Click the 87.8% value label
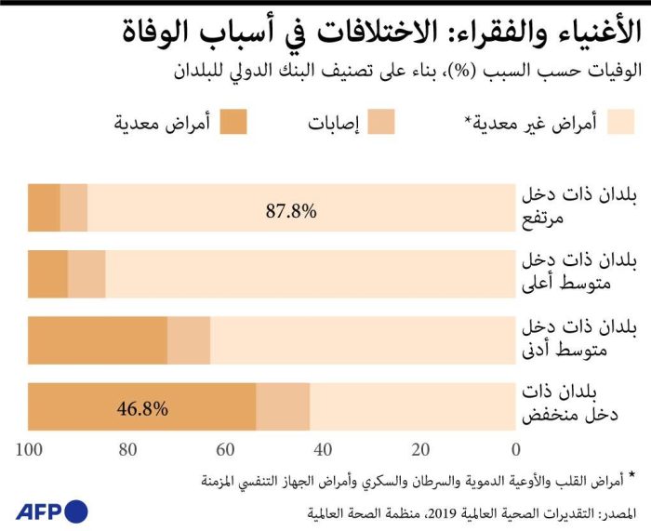pos(291,210)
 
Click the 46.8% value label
pos(142,407)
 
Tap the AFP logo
pos(51,510)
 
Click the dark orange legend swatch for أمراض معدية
pos(233,121)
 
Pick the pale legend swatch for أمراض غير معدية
pos(620,121)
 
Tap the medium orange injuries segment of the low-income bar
pos(283,406)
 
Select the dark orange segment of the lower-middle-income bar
pos(98,340)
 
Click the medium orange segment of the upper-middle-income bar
pos(86,273)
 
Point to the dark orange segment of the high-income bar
pos(44,207)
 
